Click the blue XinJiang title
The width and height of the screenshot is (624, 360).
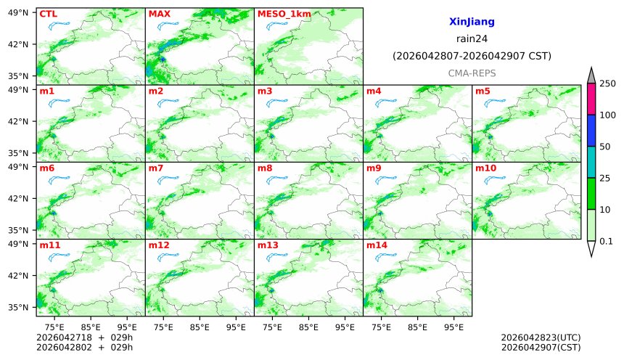[472, 22]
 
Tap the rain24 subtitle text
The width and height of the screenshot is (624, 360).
[472, 39]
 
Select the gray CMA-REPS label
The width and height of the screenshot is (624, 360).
[472, 73]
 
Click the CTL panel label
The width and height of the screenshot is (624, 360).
[48, 14]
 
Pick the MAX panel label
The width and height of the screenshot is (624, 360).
[159, 14]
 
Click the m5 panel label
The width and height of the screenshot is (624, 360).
[483, 91]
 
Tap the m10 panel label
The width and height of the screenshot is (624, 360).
[485, 168]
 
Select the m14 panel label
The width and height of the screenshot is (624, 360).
[377, 245]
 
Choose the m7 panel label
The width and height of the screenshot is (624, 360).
[156, 168]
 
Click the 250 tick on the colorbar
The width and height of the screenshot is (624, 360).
[607, 83]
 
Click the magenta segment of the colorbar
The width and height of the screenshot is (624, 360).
[591, 99]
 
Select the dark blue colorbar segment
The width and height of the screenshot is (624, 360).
[591, 131]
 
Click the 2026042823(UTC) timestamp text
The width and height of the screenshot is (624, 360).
[541, 337]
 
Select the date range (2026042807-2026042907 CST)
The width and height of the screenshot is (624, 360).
[472, 56]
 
